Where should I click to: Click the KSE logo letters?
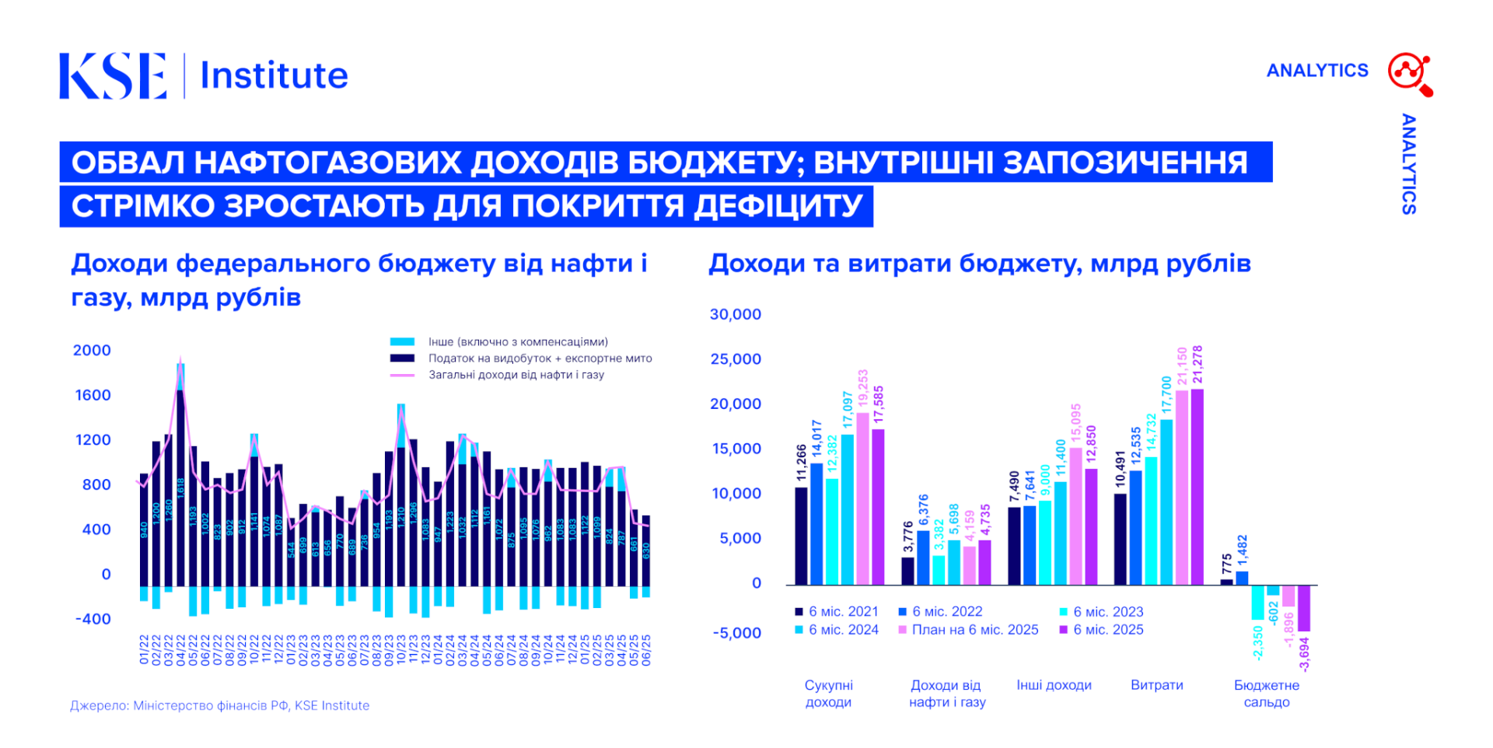pyautogui.click(x=113, y=76)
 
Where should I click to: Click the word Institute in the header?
pyautogui.click(x=274, y=76)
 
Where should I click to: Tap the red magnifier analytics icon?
pyautogui.click(x=1410, y=74)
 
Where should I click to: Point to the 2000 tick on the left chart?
pyautogui.click(x=92, y=351)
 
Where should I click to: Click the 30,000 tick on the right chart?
pyautogui.click(x=735, y=315)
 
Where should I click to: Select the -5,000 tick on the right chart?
pyautogui.click(x=736, y=633)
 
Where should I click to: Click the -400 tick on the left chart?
pyautogui.click(x=93, y=620)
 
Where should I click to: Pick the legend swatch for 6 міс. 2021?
pyautogui.click(x=799, y=612)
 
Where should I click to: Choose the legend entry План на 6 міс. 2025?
pyautogui.click(x=975, y=630)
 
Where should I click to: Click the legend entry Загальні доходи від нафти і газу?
pyautogui.click(x=516, y=375)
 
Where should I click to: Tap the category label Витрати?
pyautogui.click(x=1156, y=685)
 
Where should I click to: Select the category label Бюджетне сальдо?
pyautogui.click(x=1266, y=694)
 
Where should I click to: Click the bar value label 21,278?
pyautogui.click(x=1198, y=365)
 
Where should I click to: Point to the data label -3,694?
pyautogui.click(x=1304, y=654)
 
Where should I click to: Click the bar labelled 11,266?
pyautogui.click(x=801, y=536)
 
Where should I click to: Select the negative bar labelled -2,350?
pyautogui.click(x=1257, y=603)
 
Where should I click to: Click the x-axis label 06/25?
pyautogui.click(x=646, y=650)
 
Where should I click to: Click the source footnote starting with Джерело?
pyautogui.click(x=219, y=706)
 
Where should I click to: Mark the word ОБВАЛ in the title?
pyautogui.click(x=127, y=163)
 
